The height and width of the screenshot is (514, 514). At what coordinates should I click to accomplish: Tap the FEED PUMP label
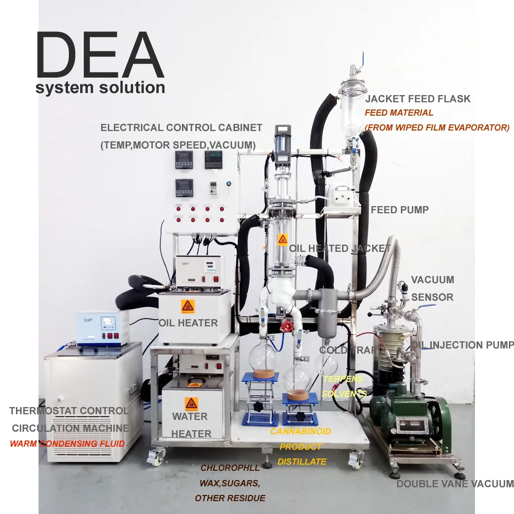coord(399,210)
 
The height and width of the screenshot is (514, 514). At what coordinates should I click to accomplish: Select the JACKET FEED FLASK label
coord(417,99)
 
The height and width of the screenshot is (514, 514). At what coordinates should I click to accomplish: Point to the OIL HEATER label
coord(188,323)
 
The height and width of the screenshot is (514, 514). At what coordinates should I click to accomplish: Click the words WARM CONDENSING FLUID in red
coord(67,443)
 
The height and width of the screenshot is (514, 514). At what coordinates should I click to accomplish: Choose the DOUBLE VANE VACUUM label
coord(455,484)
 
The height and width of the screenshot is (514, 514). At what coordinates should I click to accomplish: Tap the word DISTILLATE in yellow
coord(302,462)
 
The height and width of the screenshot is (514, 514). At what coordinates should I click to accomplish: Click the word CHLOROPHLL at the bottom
coord(230,468)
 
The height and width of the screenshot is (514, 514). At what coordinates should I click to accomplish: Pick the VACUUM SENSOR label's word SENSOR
coord(432,297)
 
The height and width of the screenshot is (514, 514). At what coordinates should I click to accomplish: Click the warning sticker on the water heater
coord(191,402)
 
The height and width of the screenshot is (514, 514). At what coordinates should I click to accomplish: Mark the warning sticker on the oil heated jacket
coord(282,240)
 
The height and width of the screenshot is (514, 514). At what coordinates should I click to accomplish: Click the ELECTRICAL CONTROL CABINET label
coord(181,128)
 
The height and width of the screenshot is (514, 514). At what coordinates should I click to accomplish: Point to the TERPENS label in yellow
coord(343,379)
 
